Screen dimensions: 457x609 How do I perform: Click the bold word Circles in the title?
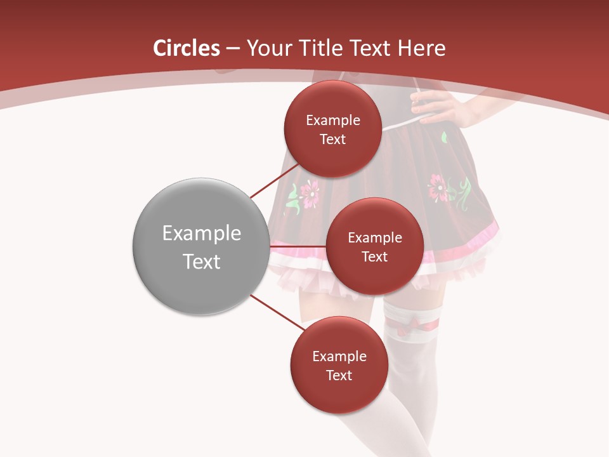click(x=187, y=48)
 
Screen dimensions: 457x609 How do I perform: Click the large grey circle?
click(x=201, y=246)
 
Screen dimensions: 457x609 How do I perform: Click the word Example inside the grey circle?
click(x=201, y=234)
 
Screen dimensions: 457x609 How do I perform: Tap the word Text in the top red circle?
click(x=332, y=140)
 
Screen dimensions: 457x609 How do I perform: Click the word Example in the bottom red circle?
click(x=339, y=357)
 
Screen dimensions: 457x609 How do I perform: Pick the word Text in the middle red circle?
click(x=374, y=256)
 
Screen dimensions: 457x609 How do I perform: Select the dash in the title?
click(x=233, y=48)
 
